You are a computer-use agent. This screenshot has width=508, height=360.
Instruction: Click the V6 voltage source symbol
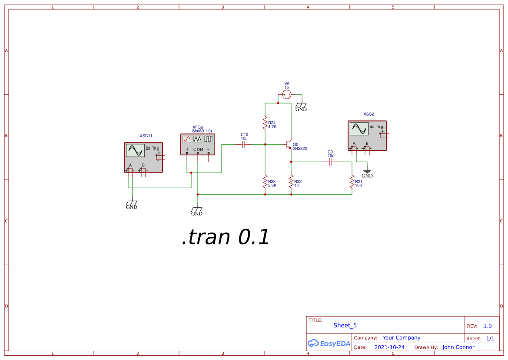[x=286, y=94]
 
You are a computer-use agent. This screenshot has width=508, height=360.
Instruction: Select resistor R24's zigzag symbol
[x=265, y=123]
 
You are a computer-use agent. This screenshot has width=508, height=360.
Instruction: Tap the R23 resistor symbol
[x=265, y=182]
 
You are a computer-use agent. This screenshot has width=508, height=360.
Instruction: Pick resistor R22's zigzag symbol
[x=291, y=182]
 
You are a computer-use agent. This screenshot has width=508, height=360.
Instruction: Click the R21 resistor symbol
[x=352, y=182]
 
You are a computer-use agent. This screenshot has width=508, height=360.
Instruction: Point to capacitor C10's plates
[x=244, y=144]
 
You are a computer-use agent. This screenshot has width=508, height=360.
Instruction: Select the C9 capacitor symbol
[x=331, y=162]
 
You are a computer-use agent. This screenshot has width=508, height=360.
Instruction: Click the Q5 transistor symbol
[x=288, y=144]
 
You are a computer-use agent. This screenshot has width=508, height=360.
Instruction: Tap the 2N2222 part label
[x=300, y=149]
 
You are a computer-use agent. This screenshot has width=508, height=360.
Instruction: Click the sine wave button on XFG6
[x=187, y=139]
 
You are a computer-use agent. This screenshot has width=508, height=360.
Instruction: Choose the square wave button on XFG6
[x=209, y=139]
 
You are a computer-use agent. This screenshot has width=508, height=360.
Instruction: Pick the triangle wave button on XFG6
[x=198, y=139]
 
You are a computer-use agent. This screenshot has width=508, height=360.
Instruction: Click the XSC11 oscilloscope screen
[x=135, y=150]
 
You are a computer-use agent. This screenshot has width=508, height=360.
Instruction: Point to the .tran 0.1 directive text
[x=226, y=237]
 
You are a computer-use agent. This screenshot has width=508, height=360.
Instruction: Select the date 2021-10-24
[x=389, y=347]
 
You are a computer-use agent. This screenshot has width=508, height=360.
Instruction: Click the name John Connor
[x=458, y=347]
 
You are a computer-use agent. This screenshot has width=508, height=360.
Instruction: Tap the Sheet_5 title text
[x=345, y=325]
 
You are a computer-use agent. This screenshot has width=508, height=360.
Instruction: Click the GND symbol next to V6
[x=301, y=107]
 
